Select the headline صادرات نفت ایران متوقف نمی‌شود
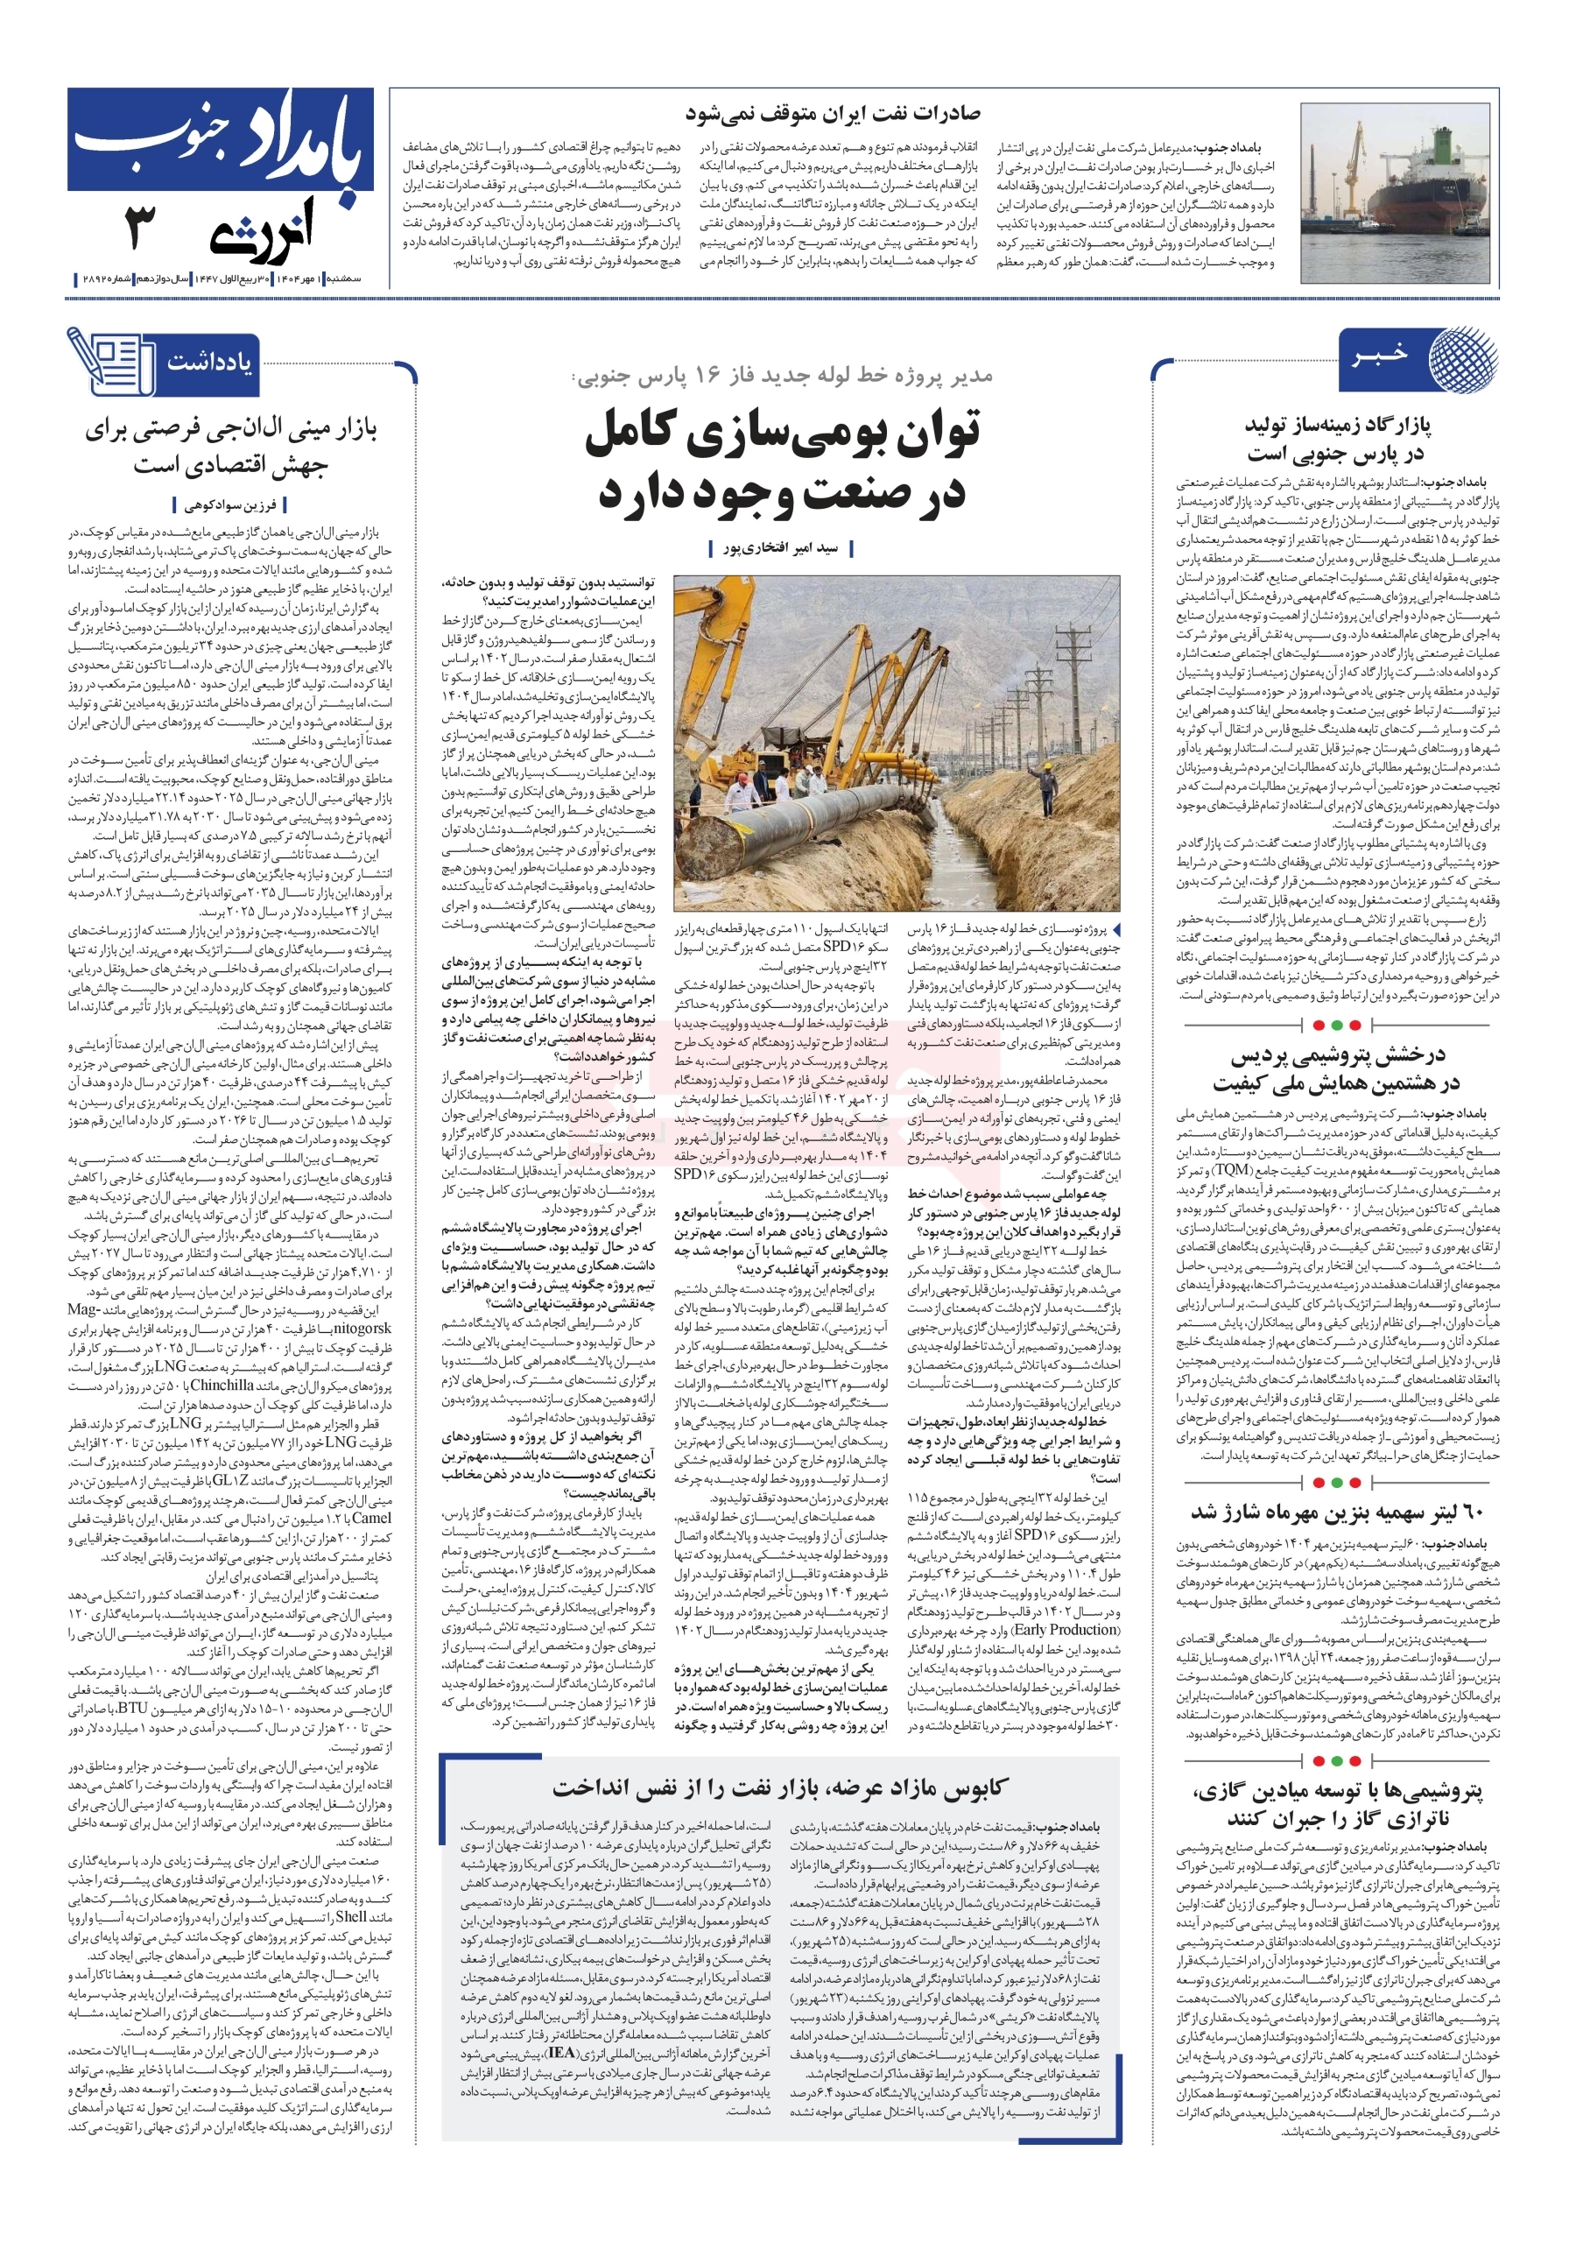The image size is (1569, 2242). pyautogui.click(x=832, y=113)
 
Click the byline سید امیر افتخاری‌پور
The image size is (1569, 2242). pyautogui.click(x=780, y=549)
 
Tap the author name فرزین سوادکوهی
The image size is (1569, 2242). pyautogui.click(x=230, y=504)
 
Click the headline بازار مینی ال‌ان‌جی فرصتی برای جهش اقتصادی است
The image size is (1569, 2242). pyautogui.click(x=230, y=448)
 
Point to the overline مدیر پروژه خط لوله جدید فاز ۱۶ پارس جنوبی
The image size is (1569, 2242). pyautogui.click(x=782, y=376)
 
